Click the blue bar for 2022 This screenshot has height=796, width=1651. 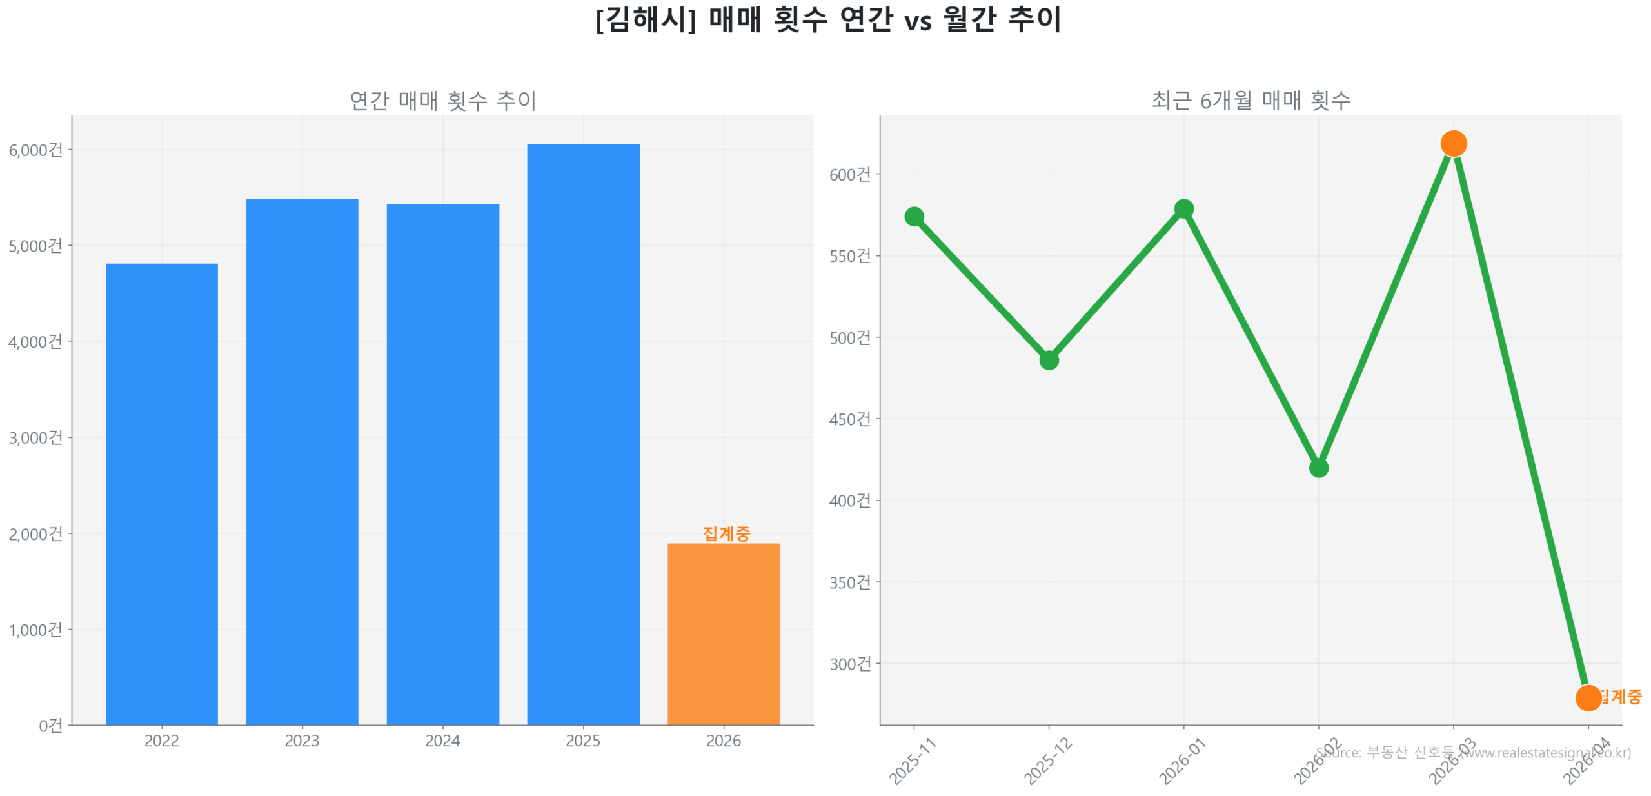click(161, 493)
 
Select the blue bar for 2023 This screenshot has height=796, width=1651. click(302, 461)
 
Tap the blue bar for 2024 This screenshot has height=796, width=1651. click(442, 464)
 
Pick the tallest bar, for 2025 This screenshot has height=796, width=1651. click(583, 434)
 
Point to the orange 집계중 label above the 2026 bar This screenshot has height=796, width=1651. click(726, 533)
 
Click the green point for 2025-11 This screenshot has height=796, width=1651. click(914, 216)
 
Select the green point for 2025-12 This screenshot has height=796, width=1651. click(1049, 360)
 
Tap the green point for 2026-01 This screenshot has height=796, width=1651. click(1183, 208)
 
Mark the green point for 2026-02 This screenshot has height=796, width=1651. click(1319, 468)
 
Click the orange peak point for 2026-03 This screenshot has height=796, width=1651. click(1454, 143)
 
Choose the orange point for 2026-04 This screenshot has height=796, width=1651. click(1588, 697)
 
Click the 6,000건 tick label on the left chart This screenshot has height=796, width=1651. click(35, 150)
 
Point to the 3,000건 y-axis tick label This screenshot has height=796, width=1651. click(35, 438)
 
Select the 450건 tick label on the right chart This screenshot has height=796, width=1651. click(850, 419)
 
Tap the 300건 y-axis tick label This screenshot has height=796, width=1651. click(850, 664)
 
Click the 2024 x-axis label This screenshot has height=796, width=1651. click(442, 741)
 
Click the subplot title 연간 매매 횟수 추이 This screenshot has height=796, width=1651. click(442, 101)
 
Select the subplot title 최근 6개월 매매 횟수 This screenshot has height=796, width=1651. click(1251, 101)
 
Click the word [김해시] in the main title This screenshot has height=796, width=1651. click(646, 19)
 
